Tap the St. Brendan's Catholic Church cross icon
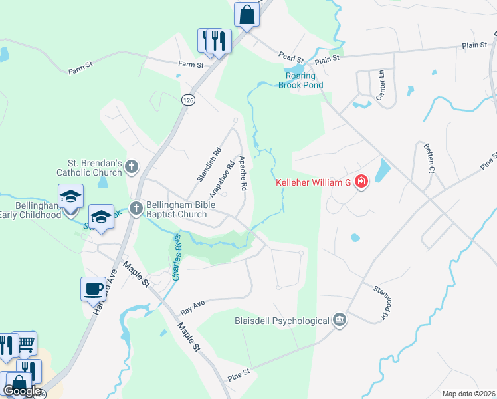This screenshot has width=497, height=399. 132,166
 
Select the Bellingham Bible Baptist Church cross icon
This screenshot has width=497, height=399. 136,209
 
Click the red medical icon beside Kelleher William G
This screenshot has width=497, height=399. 361,182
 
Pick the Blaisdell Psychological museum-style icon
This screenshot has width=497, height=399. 340,321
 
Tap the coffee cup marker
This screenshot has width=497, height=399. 93,289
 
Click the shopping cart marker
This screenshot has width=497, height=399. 25,342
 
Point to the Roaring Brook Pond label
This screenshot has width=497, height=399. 300,80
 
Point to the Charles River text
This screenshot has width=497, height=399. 177,256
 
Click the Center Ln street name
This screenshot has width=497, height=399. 381,82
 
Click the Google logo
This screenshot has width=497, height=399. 22,391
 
